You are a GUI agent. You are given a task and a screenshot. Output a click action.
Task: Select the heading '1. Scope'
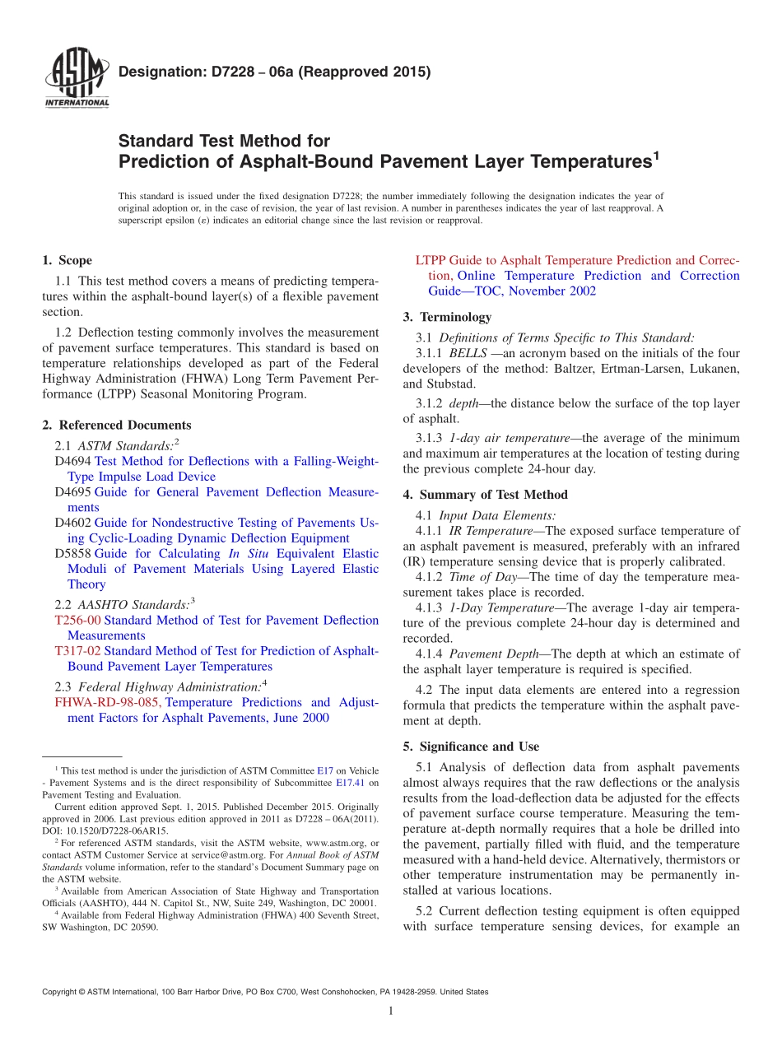[x=67, y=260]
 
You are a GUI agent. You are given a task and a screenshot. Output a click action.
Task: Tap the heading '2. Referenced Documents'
[x=116, y=425]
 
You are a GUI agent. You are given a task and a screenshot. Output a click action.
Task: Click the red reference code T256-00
[x=77, y=620]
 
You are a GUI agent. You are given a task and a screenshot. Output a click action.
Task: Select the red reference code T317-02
[x=77, y=651]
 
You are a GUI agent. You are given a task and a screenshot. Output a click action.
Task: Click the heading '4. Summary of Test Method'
[x=485, y=495]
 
